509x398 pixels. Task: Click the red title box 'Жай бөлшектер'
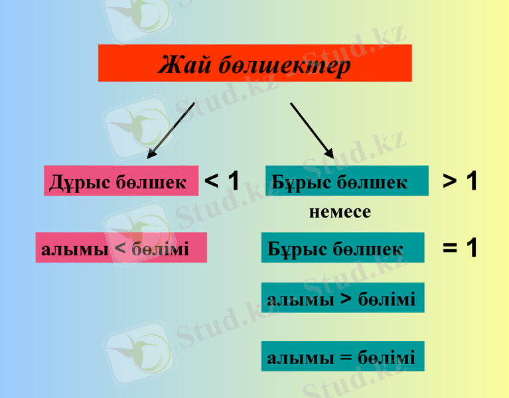(x=255, y=63)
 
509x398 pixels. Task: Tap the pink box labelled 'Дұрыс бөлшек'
(x=121, y=180)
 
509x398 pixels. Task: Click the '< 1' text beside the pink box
(x=222, y=180)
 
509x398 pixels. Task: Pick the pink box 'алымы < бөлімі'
(x=121, y=247)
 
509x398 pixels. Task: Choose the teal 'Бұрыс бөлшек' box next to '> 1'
(x=346, y=180)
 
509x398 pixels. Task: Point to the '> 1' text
(x=460, y=180)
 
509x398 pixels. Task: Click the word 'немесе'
(x=340, y=212)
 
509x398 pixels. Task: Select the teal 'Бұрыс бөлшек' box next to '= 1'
(x=342, y=247)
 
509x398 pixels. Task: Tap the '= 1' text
(x=460, y=248)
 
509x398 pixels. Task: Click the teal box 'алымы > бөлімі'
(x=342, y=298)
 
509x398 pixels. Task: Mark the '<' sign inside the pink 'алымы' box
(x=120, y=249)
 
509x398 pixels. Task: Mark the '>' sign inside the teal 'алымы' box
(x=346, y=298)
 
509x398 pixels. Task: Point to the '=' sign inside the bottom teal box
(x=344, y=358)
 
